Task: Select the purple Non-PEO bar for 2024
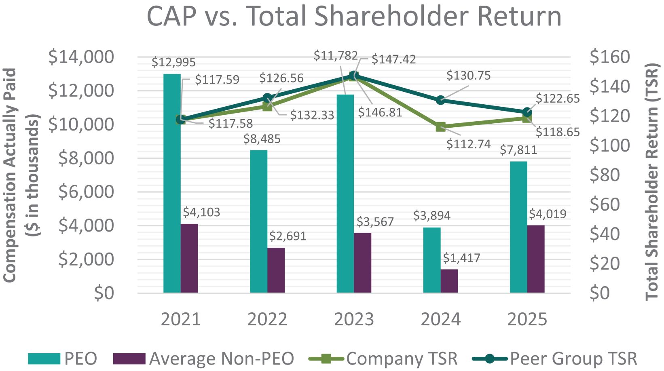click(x=449, y=281)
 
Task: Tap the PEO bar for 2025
click(x=518, y=227)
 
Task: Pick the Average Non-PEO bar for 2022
click(x=276, y=270)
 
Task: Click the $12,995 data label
click(x=173, y=62)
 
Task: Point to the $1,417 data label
click(x=461, y=258)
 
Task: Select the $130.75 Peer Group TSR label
click(x=468, y=76)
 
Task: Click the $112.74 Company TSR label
click(x=468, y=144)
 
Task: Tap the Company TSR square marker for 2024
click(x=440, y=127)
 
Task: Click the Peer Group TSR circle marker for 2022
click(x=267, y=98)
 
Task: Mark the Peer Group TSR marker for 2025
click(x=527, y=112)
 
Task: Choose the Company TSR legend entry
click(x=383, y=358)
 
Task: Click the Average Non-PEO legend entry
click(x=203, y=358)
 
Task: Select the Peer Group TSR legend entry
click(x=555, y=358)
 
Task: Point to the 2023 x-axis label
click(x=354, y=320)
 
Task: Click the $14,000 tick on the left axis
click(x=81, y=57)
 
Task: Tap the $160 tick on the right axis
click(x=609, y=57)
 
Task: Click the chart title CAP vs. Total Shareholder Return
click(x=354, y=16)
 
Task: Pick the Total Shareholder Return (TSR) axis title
click(x=652, y=181)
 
